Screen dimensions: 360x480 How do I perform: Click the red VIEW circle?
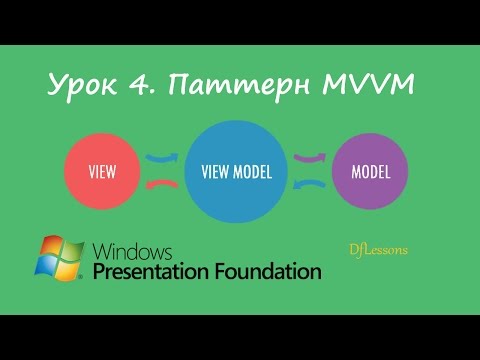[x=101, y=170]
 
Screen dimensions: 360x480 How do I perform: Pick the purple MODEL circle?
[x=370, y=169]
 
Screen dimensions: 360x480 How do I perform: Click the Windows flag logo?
[x=60, y=259]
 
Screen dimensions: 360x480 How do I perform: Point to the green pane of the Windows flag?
[x=72, y=252]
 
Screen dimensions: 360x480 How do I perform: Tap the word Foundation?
[x=268, y=271]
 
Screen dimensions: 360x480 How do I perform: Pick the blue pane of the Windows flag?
[x=46, y=268]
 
